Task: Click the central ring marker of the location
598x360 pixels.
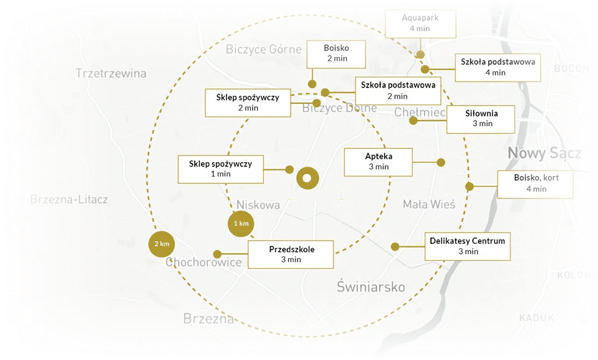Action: point(306,179)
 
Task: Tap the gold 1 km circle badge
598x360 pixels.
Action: point(240,224)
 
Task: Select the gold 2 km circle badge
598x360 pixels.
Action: point(161,244)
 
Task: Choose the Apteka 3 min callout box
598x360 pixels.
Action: point(378,162)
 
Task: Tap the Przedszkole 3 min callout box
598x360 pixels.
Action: point(291,254)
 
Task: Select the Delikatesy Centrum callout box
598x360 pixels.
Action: point(467,246)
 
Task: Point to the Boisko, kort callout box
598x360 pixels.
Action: point(534,184)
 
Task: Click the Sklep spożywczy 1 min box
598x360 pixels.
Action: point(220,169)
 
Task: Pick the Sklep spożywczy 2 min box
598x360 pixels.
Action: point(247,103)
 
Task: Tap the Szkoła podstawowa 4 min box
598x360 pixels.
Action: point(498,67)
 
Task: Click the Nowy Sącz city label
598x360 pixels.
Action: point(544,153)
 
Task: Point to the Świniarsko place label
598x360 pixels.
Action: point(371,287)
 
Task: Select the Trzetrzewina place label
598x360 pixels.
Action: point(111,73)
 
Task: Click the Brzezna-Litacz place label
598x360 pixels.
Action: point(69,200)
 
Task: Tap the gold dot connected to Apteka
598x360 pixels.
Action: point(440,163)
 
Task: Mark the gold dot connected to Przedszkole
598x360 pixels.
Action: point(217,254)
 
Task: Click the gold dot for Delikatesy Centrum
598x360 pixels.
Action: point(395,247)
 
